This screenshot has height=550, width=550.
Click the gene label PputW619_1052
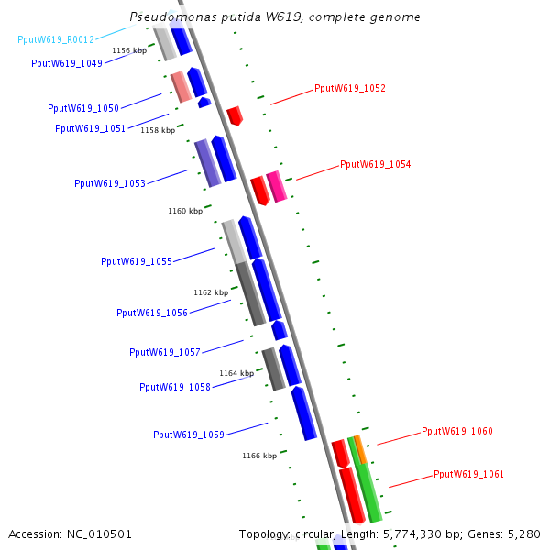tap(349, 89)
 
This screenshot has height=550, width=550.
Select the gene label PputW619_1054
tap(375, 165)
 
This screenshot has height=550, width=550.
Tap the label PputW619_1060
tap(456, 431)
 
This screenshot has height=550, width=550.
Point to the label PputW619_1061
tap(468, 474)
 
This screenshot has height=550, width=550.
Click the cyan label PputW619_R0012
tap(56, 40)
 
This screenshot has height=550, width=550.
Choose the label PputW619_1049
tap(66, 64)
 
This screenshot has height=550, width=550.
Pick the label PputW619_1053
tap(109, 183)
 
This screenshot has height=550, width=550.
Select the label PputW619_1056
tap(151, 313)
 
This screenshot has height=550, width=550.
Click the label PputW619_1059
tap(188, 434)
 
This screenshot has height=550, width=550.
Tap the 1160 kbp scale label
tap(184, 211)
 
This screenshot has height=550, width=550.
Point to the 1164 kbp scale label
tap(236, 373)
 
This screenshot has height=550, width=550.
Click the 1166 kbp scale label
tap(258, 456)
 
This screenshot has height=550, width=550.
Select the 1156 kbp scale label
tap(128, 50)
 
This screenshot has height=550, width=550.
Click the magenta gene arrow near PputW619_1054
tap(276, 186)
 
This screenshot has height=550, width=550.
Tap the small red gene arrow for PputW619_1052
tap(235, 115)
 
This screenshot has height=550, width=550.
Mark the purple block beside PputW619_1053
tap(207, 163)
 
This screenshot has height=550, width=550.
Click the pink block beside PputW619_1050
tap(181, 87)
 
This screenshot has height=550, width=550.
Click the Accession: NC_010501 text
tap(70, 533)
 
